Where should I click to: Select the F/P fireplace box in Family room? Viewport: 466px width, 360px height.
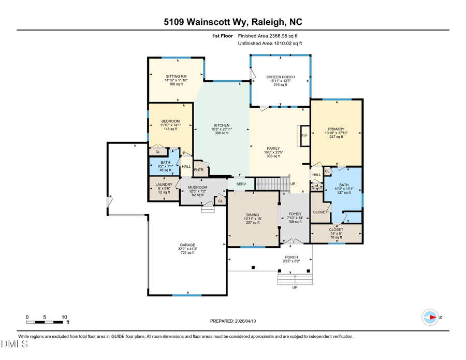point(304,136)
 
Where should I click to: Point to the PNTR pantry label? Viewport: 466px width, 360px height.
point(198,169)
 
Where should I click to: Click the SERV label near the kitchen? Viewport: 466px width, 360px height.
point(241,184)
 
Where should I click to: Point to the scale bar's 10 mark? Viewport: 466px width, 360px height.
point(64,316)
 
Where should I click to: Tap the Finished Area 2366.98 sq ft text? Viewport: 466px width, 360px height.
point(268,36)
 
